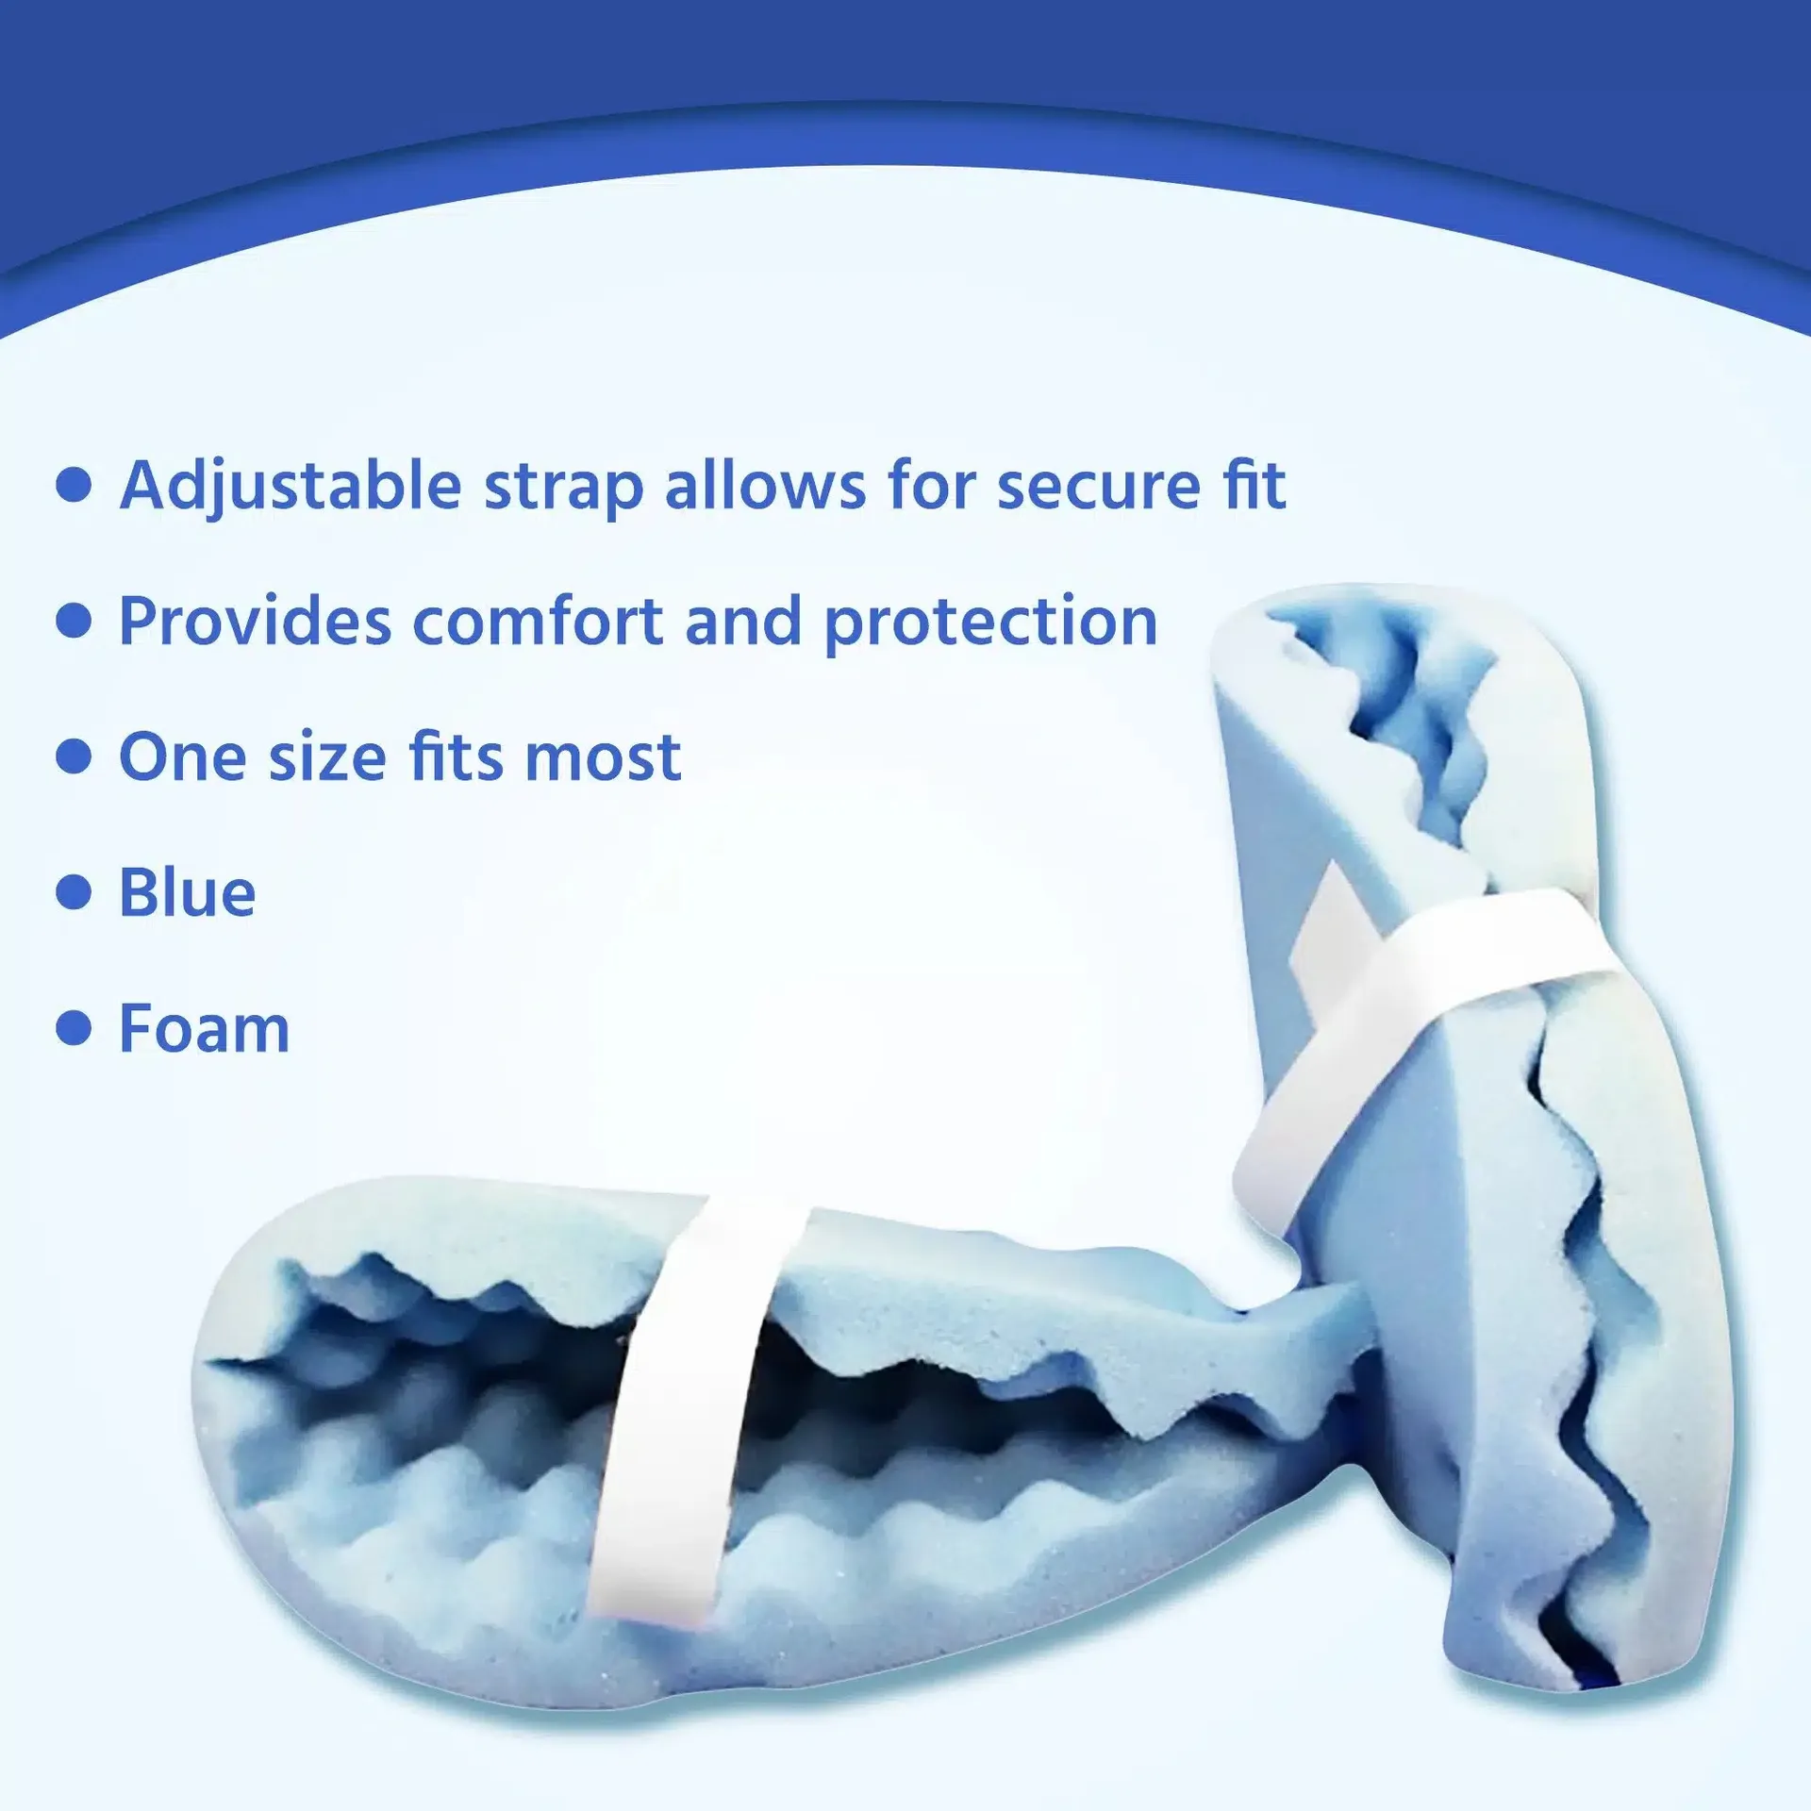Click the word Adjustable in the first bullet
tap(291, 487)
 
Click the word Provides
tap(255, 622)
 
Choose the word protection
tap(990, 623)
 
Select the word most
tap(603, 758)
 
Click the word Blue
tap(187, 892)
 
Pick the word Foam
tap(204, 1028)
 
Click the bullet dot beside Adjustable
tap(74, 486)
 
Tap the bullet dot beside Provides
tap(74, 622)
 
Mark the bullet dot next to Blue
tap(74, 892)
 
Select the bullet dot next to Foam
tap(74, 1028)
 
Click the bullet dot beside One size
tap(74, 756)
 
